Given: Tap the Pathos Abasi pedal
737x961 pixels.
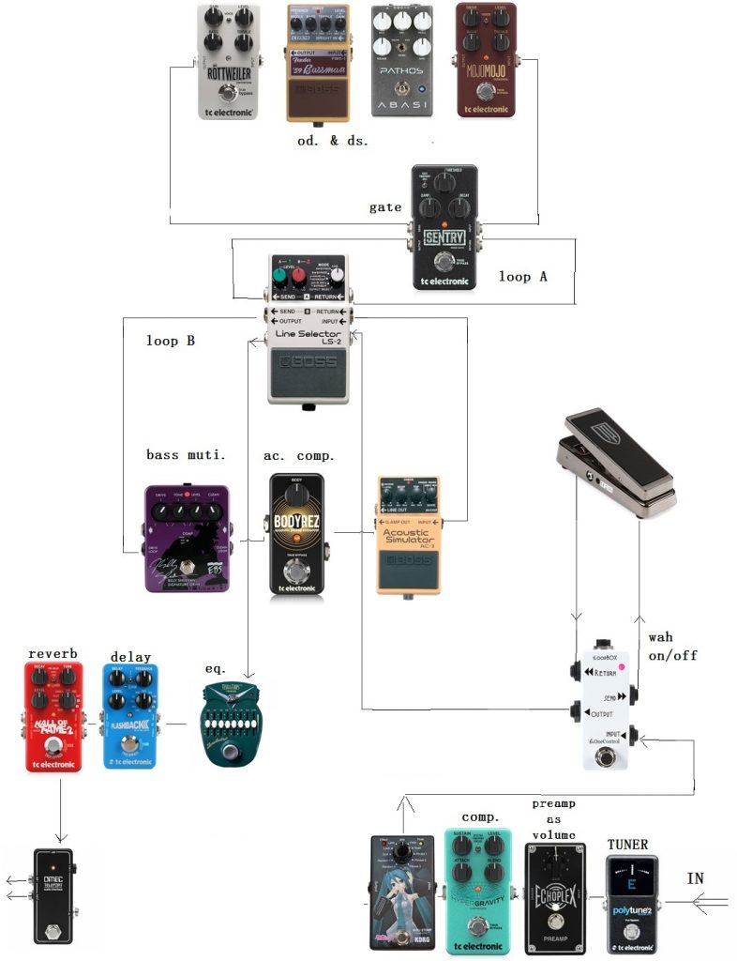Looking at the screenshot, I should [402, 62].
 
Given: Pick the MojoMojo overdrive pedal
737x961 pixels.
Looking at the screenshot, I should [486, 60].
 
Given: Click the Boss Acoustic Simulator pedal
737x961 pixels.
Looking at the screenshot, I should [408, 535].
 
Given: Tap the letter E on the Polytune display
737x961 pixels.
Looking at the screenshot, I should [631, 884].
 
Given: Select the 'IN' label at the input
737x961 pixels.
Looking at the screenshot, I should [696, 878].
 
